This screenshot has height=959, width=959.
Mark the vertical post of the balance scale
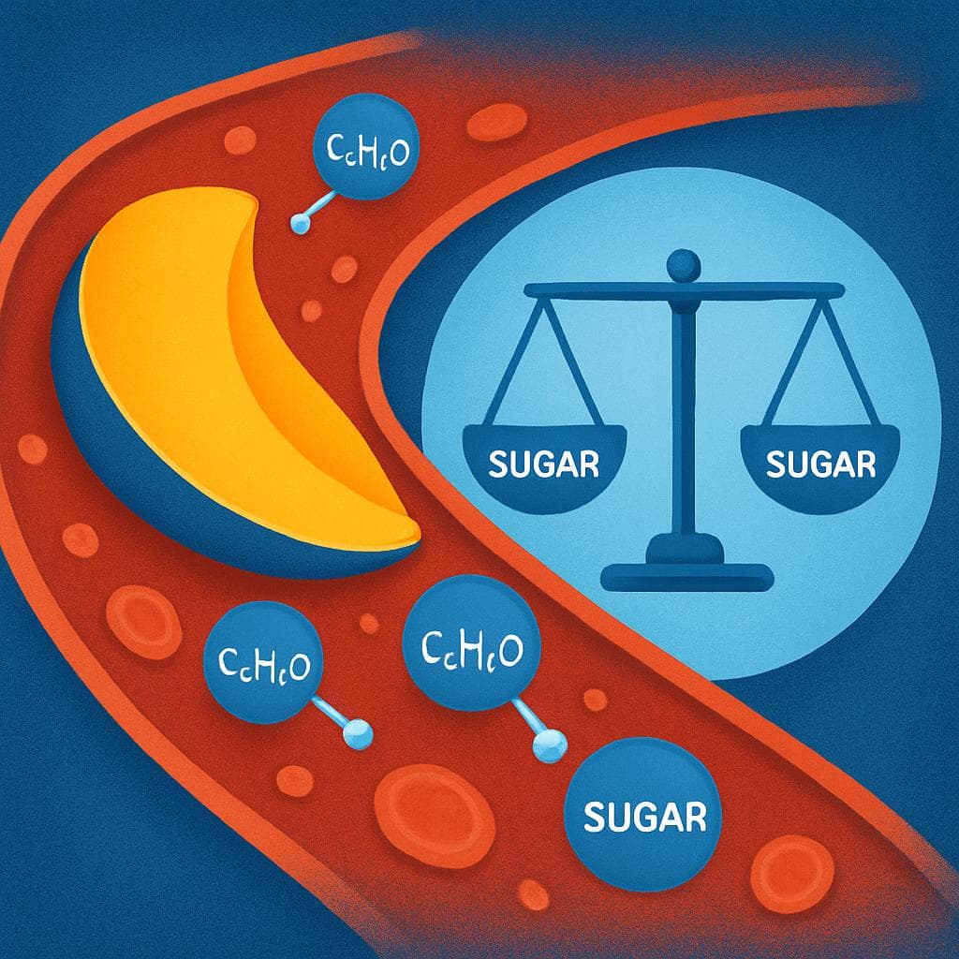click(684, 412)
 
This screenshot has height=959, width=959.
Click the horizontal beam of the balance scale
click(684, 291)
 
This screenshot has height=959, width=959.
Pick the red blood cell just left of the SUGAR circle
click(434, 806)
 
